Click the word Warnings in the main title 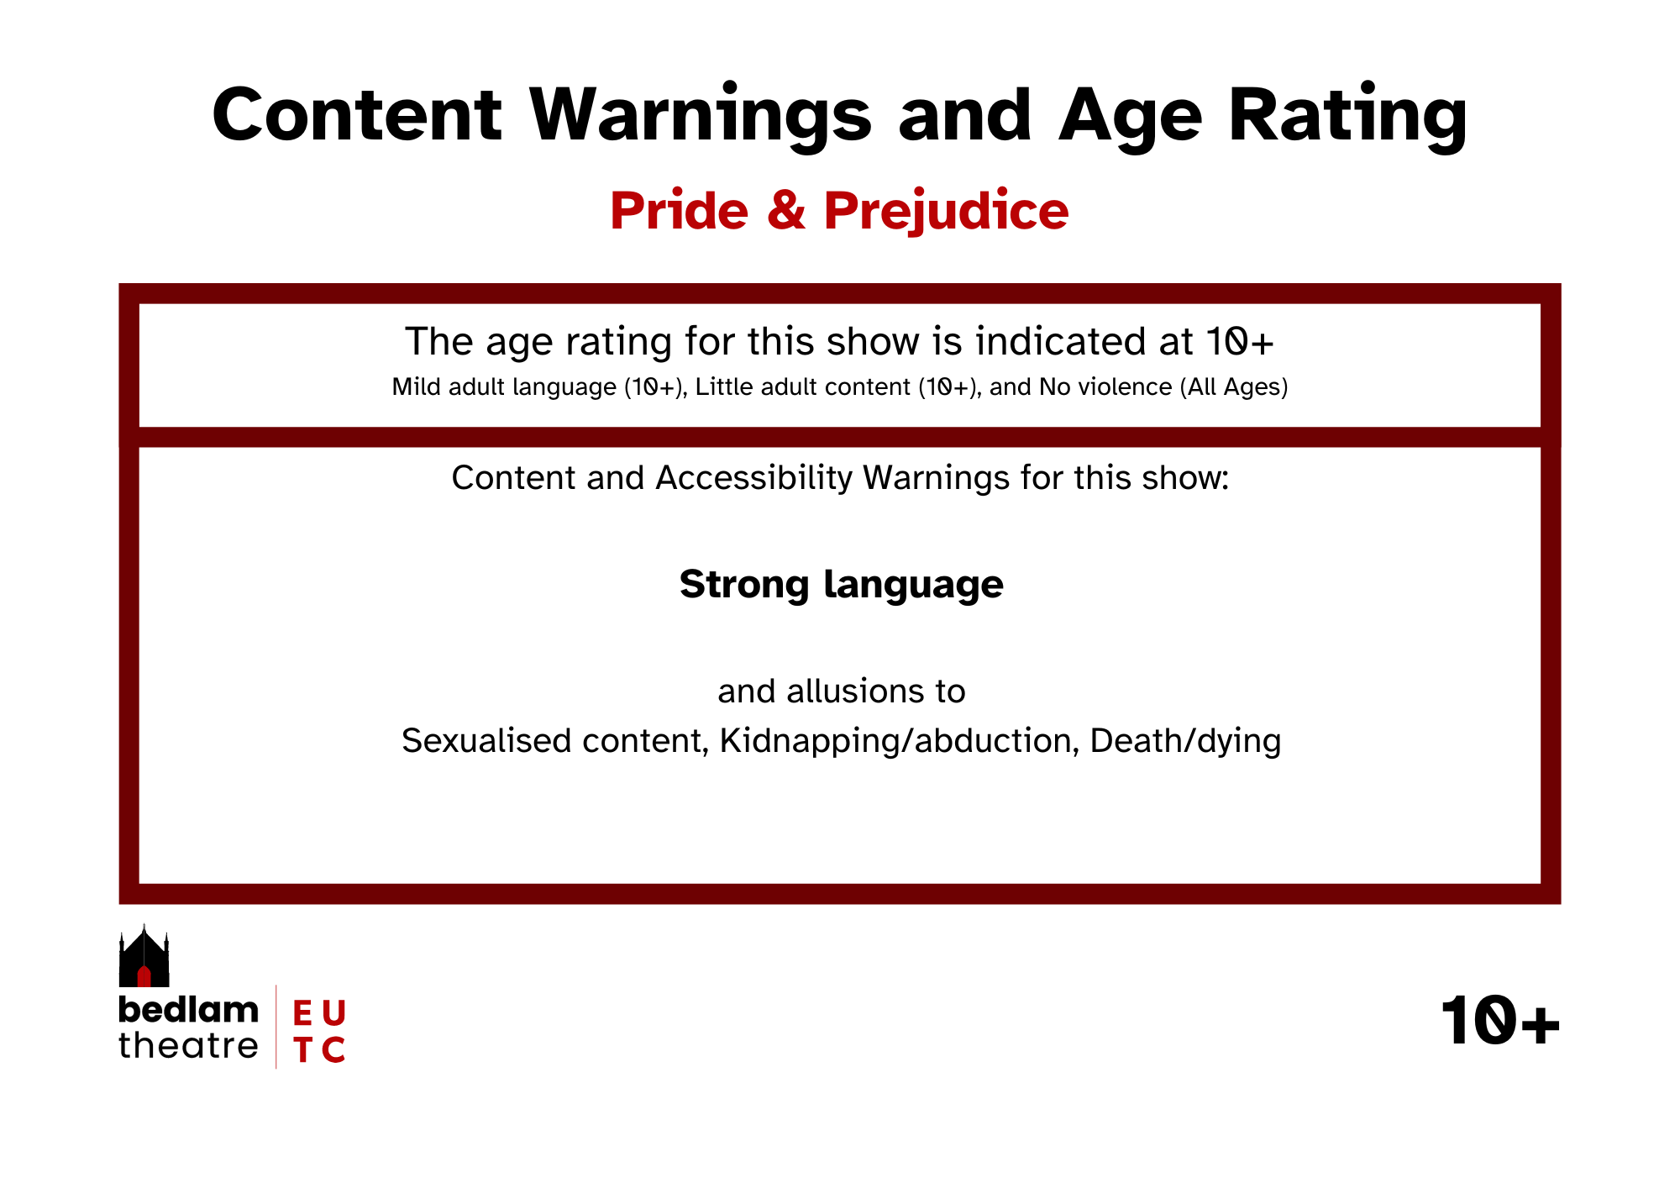[x=701, y=116]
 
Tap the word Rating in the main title [x=1348, y=116]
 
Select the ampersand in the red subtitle [x=786, y=210]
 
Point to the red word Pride [x=680, y=210]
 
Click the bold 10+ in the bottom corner [x=1500, y=1022]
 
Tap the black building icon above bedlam [x=144, y=956]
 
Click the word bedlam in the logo [x=188, y=1010]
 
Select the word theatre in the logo [x=188, y=1046]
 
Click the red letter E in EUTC [x=302, y=1013]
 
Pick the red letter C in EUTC [x=333, y=1050]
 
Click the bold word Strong [x=744, y=585]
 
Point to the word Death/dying [x=1185, y=741]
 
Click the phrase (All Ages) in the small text [x=1234, y=386]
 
